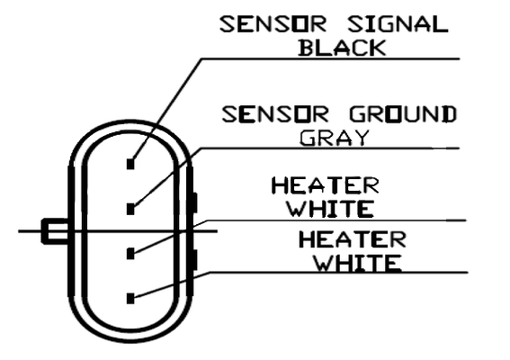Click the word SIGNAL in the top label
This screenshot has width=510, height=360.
coord(398,24)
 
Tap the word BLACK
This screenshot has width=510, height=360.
coord(342,48)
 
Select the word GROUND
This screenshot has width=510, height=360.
coord(403,114)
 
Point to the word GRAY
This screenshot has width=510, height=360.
coord(335,138)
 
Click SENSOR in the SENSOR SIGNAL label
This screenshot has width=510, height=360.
coord(273,24)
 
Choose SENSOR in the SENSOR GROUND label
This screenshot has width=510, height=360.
coord(275,114)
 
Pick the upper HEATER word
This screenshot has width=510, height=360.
coord(326,185)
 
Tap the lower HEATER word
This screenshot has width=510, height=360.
coord(353,239)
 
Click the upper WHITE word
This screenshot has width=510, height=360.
coord(330,209)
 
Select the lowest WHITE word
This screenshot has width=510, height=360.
coord(358,263)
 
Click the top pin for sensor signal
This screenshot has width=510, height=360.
coord(130,164)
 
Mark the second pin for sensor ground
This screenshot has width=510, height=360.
coord(130,209)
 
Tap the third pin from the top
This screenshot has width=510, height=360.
coord(130,254)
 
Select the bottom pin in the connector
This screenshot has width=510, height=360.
coord(130,299)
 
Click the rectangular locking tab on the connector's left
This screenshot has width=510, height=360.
coord(55,231)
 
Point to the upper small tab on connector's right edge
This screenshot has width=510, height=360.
coord(194,202)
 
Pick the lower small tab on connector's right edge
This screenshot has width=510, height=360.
coord(194,260)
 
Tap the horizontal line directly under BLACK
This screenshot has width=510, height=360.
coord(330,58)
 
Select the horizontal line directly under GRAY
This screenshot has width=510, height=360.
coord(330,148)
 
